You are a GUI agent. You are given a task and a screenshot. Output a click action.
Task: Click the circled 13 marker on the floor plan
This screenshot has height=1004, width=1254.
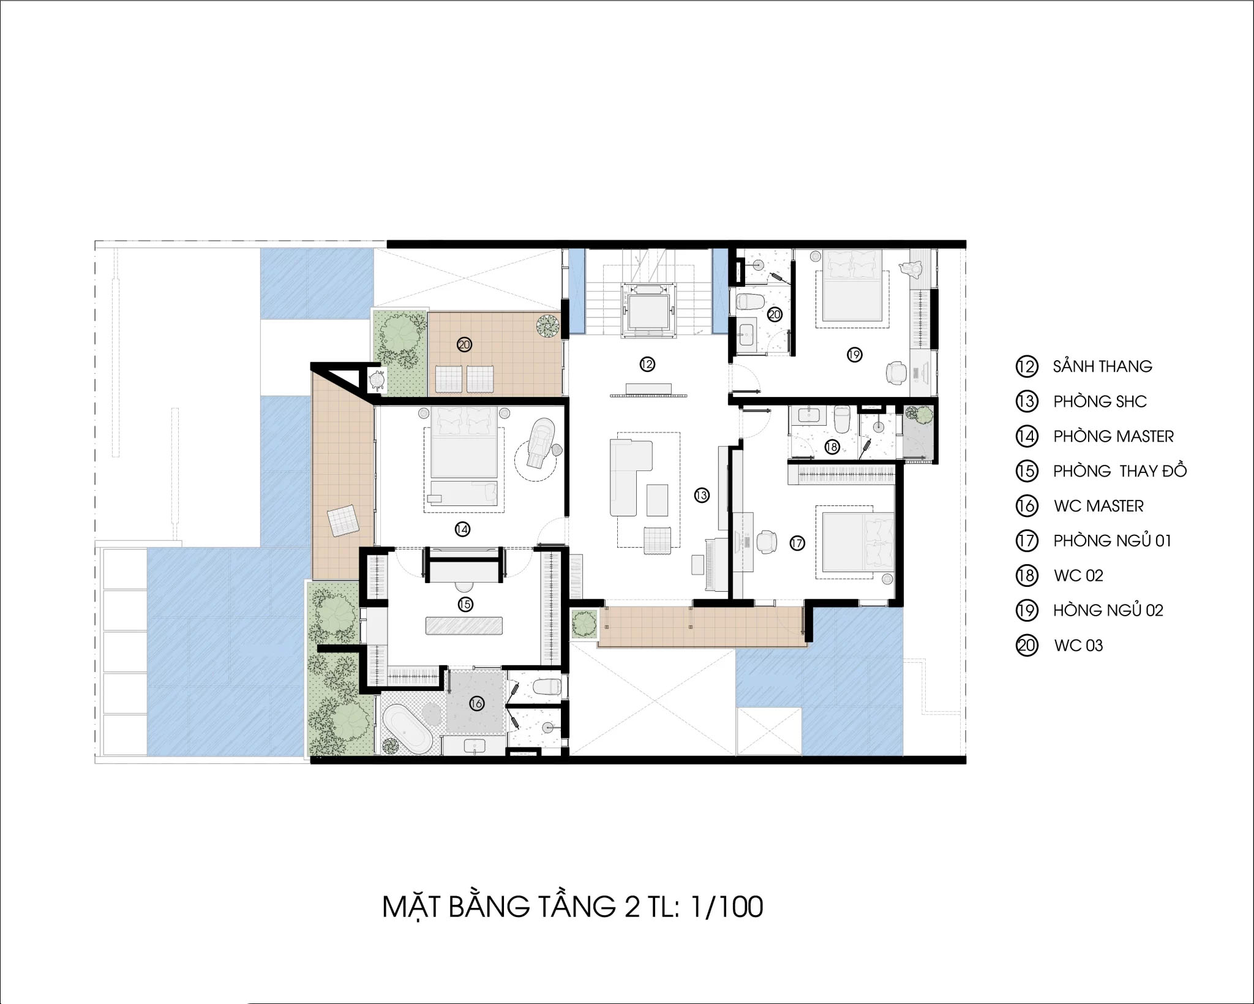(702, 495)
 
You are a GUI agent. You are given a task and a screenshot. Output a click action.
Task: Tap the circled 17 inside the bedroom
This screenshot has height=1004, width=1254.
(797, 543)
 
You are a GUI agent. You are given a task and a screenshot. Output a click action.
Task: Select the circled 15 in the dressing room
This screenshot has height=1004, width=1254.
(465, 605)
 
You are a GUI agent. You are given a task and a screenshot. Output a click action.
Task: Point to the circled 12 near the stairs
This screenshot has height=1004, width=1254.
(647, 364)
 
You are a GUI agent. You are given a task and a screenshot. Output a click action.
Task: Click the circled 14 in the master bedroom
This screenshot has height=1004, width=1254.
(462, 529)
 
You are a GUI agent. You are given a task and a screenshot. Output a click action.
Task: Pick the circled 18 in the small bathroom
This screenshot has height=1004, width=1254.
(831, 447)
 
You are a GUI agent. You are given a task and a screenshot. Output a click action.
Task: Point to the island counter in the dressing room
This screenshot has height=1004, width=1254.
(464, 625)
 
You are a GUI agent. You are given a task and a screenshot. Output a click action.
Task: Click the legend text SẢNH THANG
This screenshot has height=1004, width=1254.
(1103, 366)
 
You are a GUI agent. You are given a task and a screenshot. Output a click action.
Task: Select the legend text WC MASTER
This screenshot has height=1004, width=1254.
(1098, 506)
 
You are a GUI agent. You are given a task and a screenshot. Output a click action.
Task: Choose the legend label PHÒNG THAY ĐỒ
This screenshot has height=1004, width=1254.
(1120, 471)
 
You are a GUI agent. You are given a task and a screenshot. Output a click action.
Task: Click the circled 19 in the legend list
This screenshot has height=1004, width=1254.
(1027, 610)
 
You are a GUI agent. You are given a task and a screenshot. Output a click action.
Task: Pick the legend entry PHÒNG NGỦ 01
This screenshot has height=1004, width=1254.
(1112, 541)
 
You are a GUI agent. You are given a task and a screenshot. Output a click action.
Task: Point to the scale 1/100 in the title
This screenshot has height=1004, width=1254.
(727, 907)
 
